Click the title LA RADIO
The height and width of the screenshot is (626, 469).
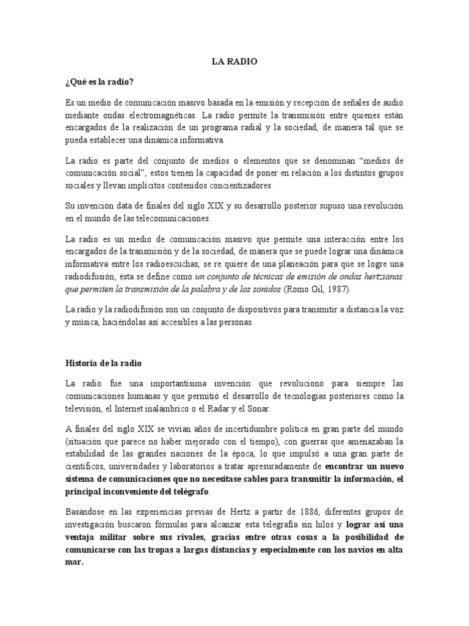tap(234, 61)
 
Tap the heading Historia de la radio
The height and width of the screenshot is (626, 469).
tap(103, 363)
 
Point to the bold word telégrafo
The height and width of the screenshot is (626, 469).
tap(189, 492)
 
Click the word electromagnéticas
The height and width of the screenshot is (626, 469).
tap(162, 114)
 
